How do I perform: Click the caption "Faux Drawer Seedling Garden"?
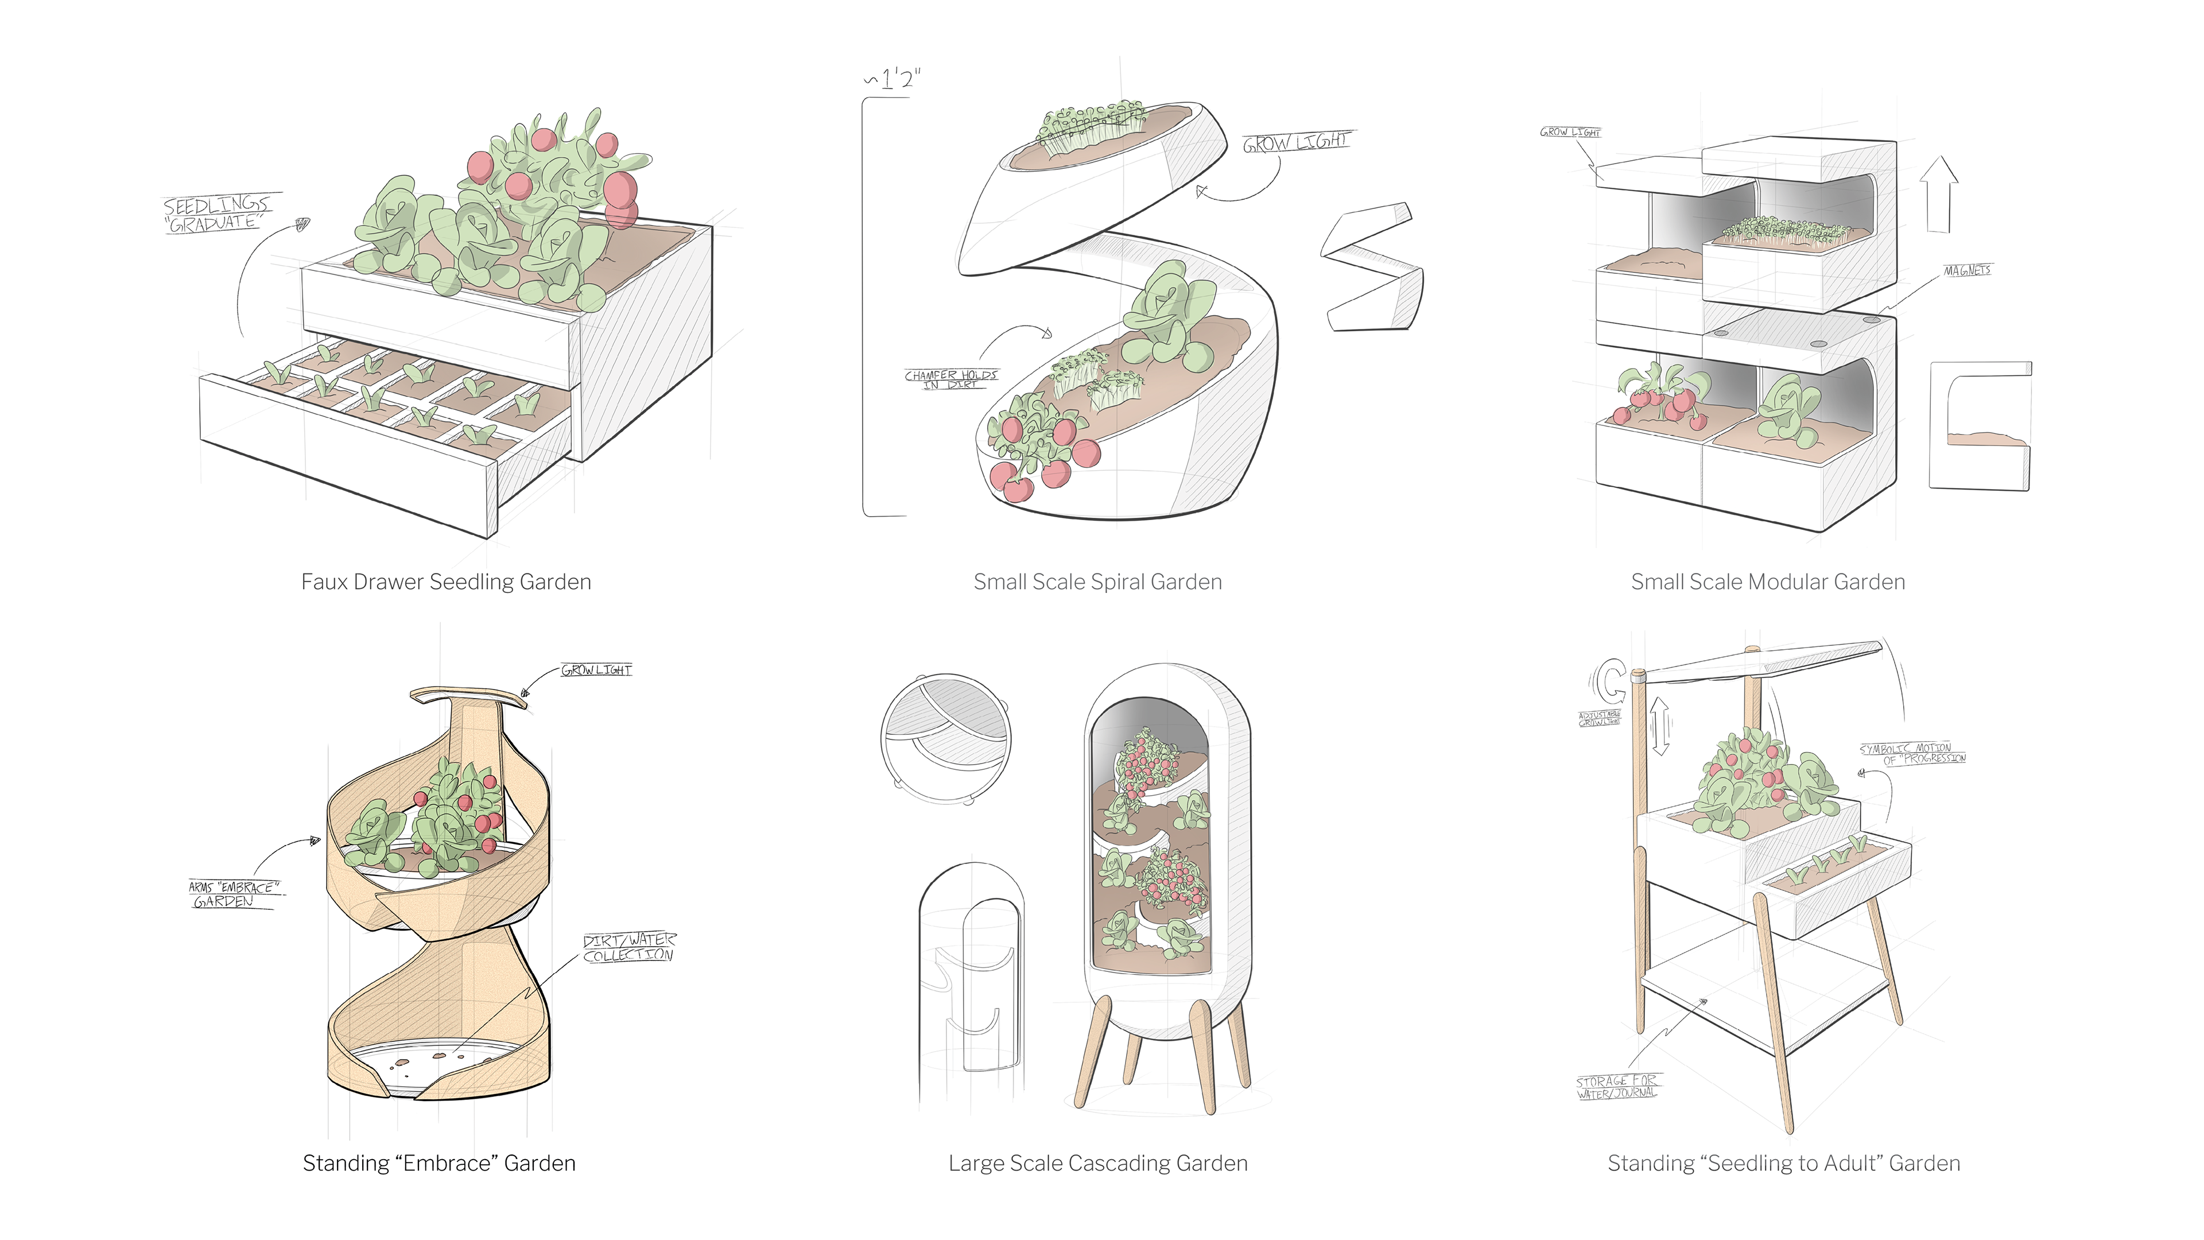coord(446,582)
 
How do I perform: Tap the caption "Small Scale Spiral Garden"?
coord(1098,582)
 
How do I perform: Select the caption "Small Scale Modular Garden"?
coord(1768,582)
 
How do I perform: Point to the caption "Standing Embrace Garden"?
coord(439,1163)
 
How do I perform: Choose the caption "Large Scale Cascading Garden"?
coord(1098,1163)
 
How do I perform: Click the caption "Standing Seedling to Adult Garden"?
coord(1783,1163)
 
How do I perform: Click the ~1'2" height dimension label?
coord(895,80)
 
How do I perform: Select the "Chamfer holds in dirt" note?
coord(950,379)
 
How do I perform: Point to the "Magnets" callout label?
coord(1967,270)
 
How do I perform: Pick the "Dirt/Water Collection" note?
coord(629,947)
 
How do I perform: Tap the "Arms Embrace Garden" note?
coord(232,894)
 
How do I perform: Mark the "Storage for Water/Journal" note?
coord(1616,1087)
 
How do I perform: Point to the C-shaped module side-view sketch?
coord(1980,425)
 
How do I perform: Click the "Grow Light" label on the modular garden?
coord(1570,132)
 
